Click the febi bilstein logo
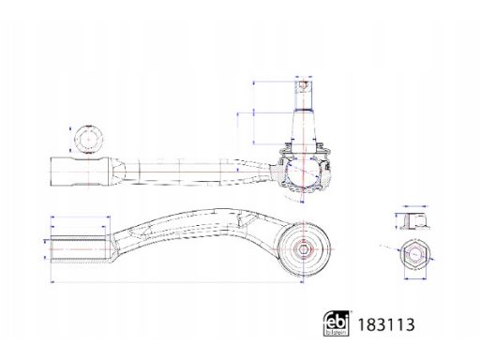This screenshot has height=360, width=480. [336, 323]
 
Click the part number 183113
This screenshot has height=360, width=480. [386, 324]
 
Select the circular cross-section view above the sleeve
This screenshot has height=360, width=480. [88, 139]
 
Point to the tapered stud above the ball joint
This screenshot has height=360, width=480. [303, 125]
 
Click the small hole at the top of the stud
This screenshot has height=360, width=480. [303, 84]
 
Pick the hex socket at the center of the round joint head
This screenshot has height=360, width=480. [304, 249]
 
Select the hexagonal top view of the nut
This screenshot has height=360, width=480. [415, 254]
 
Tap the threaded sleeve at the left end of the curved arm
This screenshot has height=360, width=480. [78, 249]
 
